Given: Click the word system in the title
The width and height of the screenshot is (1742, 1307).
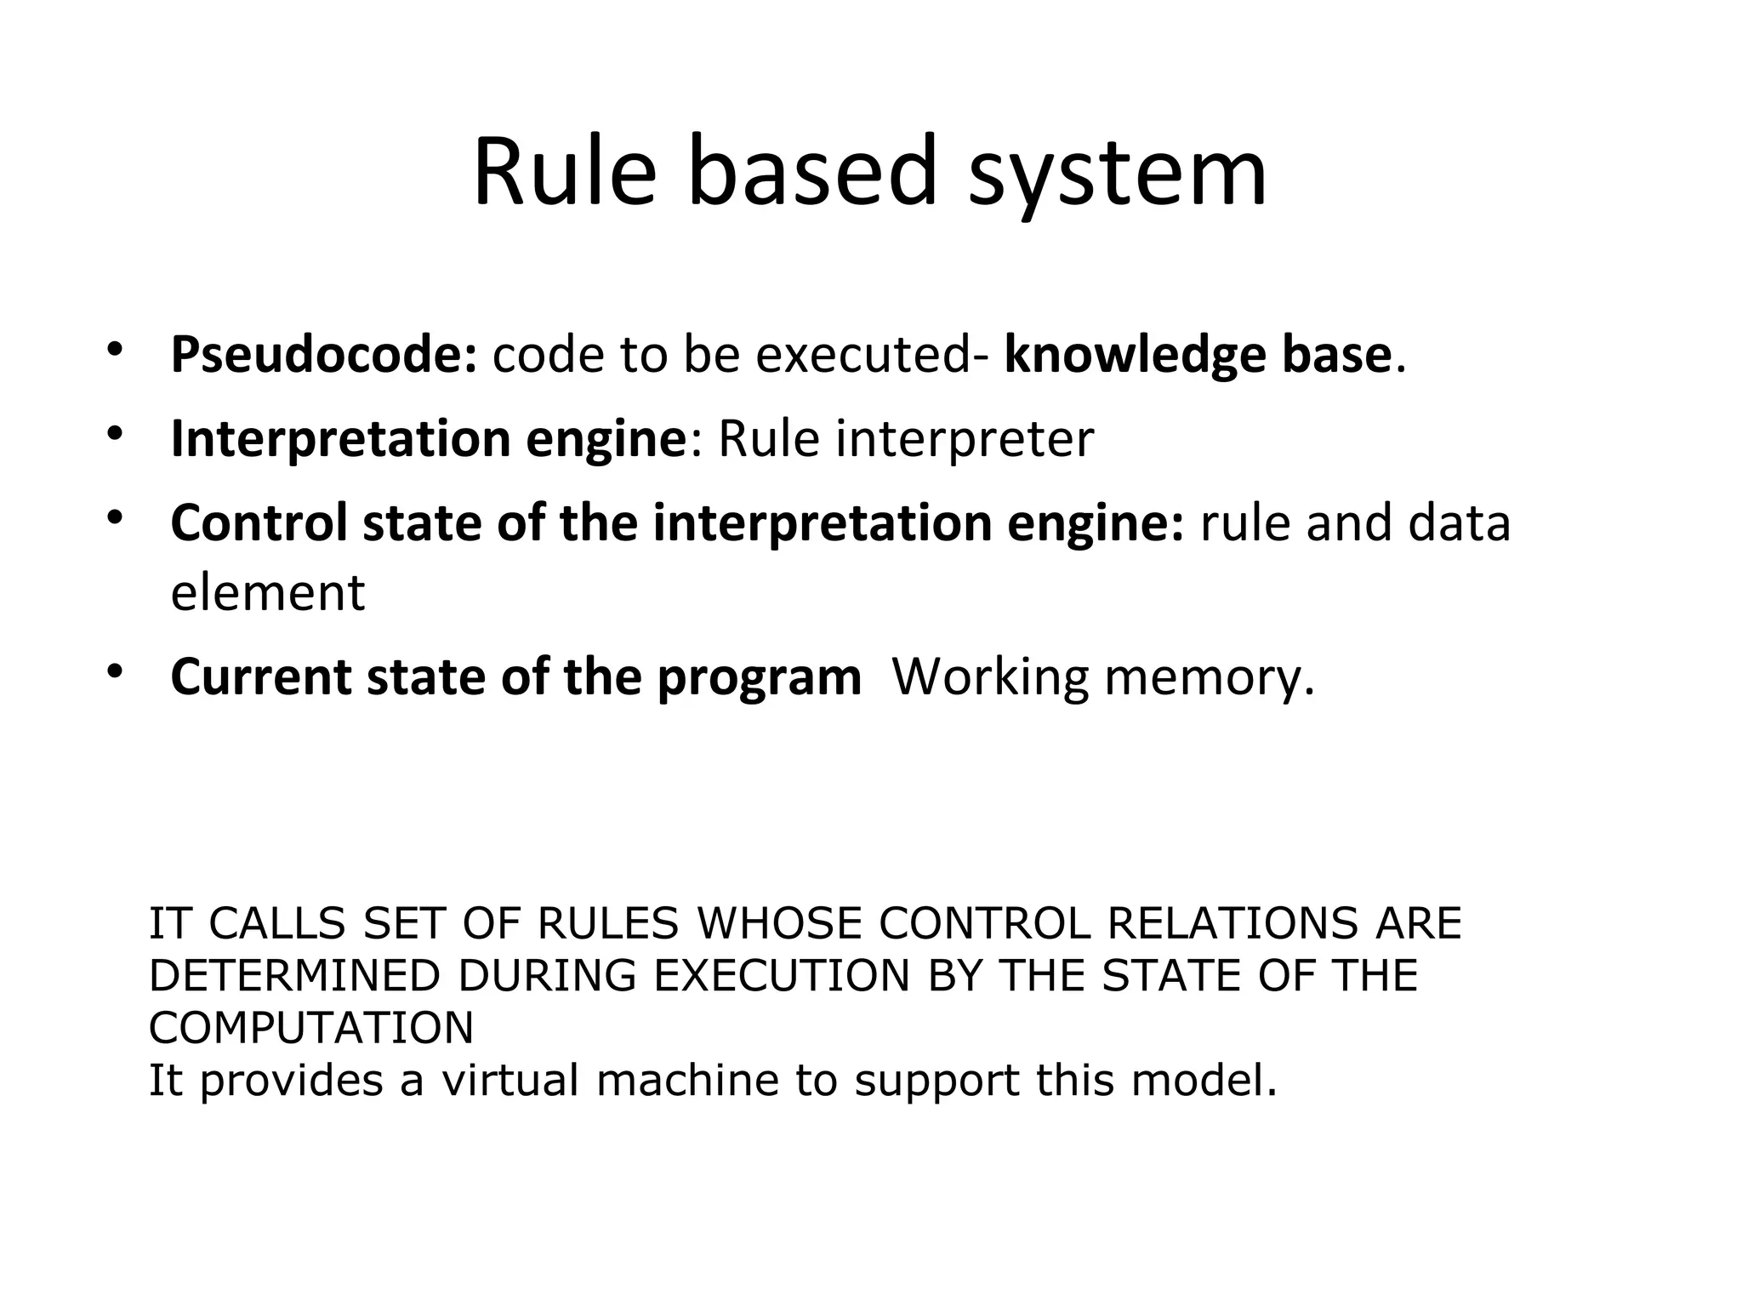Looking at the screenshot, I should pos(1118,174).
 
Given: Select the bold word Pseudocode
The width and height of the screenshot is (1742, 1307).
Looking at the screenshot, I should pos(323,355).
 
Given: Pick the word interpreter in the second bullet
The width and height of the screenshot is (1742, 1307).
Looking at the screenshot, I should pos(965,439).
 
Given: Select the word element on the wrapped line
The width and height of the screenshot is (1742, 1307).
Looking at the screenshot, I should pos(267,593).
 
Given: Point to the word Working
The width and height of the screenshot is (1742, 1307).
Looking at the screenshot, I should pos(989,679).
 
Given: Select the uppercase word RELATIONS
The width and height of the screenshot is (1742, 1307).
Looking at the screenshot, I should pos(1232,924).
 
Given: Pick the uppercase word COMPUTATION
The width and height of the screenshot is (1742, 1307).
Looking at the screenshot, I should pos(311,1028).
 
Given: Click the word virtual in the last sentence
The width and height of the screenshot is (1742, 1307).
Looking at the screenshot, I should pos(510,1080).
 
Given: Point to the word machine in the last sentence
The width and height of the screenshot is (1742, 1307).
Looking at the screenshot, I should pos(688,1080).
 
